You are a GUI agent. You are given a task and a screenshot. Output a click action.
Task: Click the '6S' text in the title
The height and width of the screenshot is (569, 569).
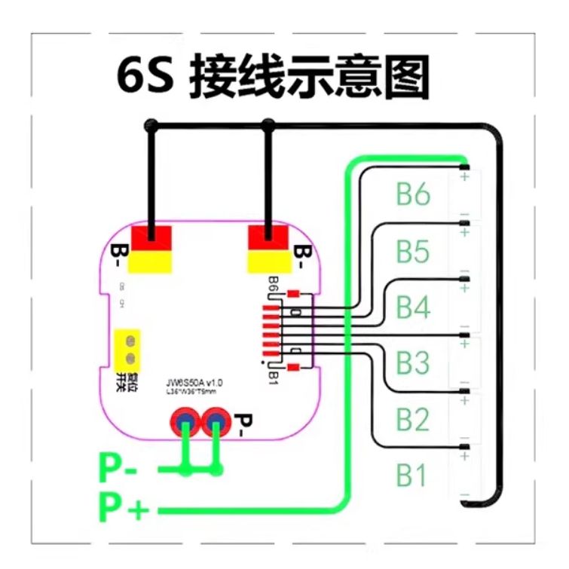[145, 75]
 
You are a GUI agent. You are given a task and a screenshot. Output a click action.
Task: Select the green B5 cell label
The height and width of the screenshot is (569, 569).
[413, 251]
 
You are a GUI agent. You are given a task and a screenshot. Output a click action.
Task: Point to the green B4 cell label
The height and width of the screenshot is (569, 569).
[413, 307]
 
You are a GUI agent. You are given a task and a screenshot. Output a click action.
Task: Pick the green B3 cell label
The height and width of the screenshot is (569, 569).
[413, 363]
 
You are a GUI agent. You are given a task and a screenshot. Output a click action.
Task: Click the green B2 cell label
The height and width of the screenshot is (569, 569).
[413, 419]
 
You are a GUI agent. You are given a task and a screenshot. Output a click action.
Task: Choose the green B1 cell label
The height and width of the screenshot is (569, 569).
[413, 476]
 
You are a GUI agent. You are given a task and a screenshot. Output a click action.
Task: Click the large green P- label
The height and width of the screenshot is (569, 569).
[118, 470]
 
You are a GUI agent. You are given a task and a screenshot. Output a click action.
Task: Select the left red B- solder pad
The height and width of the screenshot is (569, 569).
[151, 238]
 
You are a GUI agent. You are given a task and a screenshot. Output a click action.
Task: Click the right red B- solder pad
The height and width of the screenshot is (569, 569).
[269, 238]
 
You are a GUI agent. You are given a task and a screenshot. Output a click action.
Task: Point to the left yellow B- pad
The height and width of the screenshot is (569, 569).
[151, 262]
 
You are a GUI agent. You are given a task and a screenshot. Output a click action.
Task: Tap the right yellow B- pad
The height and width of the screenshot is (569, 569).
[269, 262]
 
